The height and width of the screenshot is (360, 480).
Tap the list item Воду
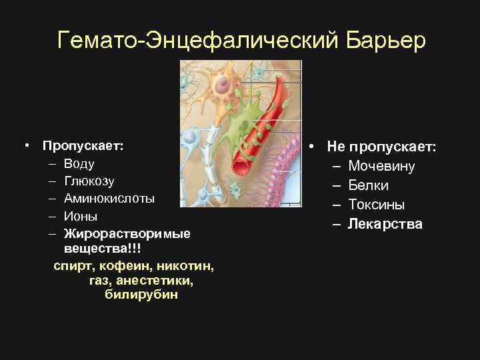pos(79,164)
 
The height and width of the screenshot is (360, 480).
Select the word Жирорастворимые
pos(127,234)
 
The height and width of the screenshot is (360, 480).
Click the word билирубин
pos(141,295)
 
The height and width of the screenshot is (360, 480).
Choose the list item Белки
pos(369,185)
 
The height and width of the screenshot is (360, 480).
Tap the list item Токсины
pos(376,205)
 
